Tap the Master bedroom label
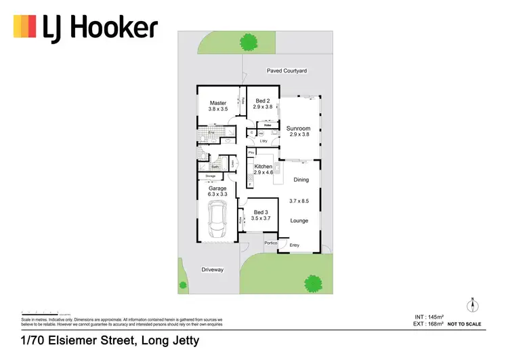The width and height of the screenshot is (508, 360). point(218,103)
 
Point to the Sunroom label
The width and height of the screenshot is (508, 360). point(298,128)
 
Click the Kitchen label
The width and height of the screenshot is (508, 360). point(263,166)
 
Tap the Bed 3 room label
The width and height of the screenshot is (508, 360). point(261,212)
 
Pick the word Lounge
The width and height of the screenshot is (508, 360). point(299,220)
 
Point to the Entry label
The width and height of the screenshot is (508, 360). point(295,245)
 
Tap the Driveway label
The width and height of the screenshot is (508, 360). point(212,269)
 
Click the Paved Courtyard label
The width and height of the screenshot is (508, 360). point(287,71)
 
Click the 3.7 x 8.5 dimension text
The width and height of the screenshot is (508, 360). point(299,201)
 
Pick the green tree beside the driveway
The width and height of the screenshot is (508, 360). point(182,285)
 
